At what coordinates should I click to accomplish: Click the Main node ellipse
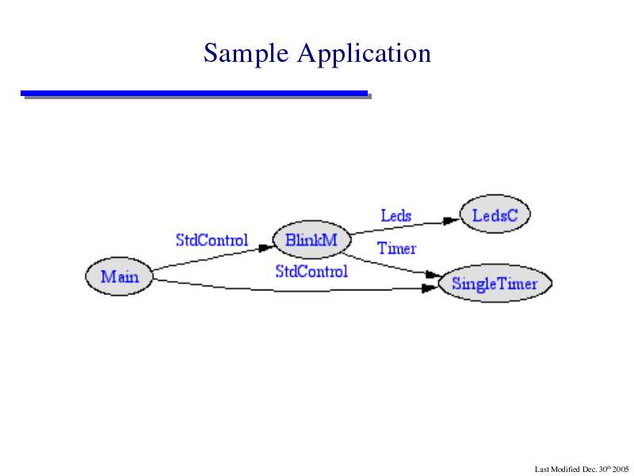tap(120, 276)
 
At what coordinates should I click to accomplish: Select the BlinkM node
tap(311, 240)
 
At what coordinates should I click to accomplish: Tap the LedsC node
tap(495, 214)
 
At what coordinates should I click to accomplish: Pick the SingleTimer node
tap(495, 283)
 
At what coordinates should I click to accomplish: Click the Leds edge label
tap(396, 215)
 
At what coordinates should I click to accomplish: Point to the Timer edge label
tap(397, 248)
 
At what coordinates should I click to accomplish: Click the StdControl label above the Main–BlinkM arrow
tap(212, 240)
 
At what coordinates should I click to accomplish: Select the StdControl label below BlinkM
tap(311, 271)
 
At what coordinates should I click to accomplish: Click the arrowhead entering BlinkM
tap(267, 248)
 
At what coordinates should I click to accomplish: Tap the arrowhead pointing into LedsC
tap(452, 221)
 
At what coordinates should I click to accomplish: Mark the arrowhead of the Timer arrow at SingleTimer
tap(434, 274)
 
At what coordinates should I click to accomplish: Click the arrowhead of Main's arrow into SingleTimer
tap(430, 288)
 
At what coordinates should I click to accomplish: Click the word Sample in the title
tap(246, 53)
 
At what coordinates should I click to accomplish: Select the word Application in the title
tap(365, 53)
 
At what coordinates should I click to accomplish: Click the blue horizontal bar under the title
tap(194, 94)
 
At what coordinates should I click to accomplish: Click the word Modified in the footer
tap(564, 470)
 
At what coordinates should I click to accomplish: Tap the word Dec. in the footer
tap(590, 470)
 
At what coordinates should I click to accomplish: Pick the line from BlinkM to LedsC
tap(405, 227)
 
